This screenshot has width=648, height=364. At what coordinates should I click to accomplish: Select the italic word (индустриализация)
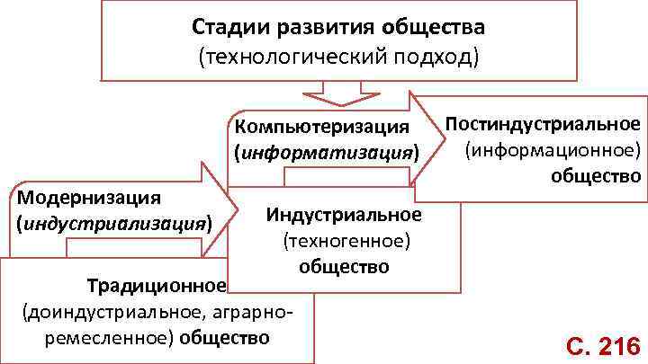click(x=113, y=221)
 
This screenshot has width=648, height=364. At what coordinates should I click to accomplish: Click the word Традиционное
click(x=156, y=287)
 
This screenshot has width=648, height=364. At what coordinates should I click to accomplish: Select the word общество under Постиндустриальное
click(x=597, y=173)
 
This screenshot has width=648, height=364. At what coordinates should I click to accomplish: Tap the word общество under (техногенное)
click(x=344, y=267)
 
